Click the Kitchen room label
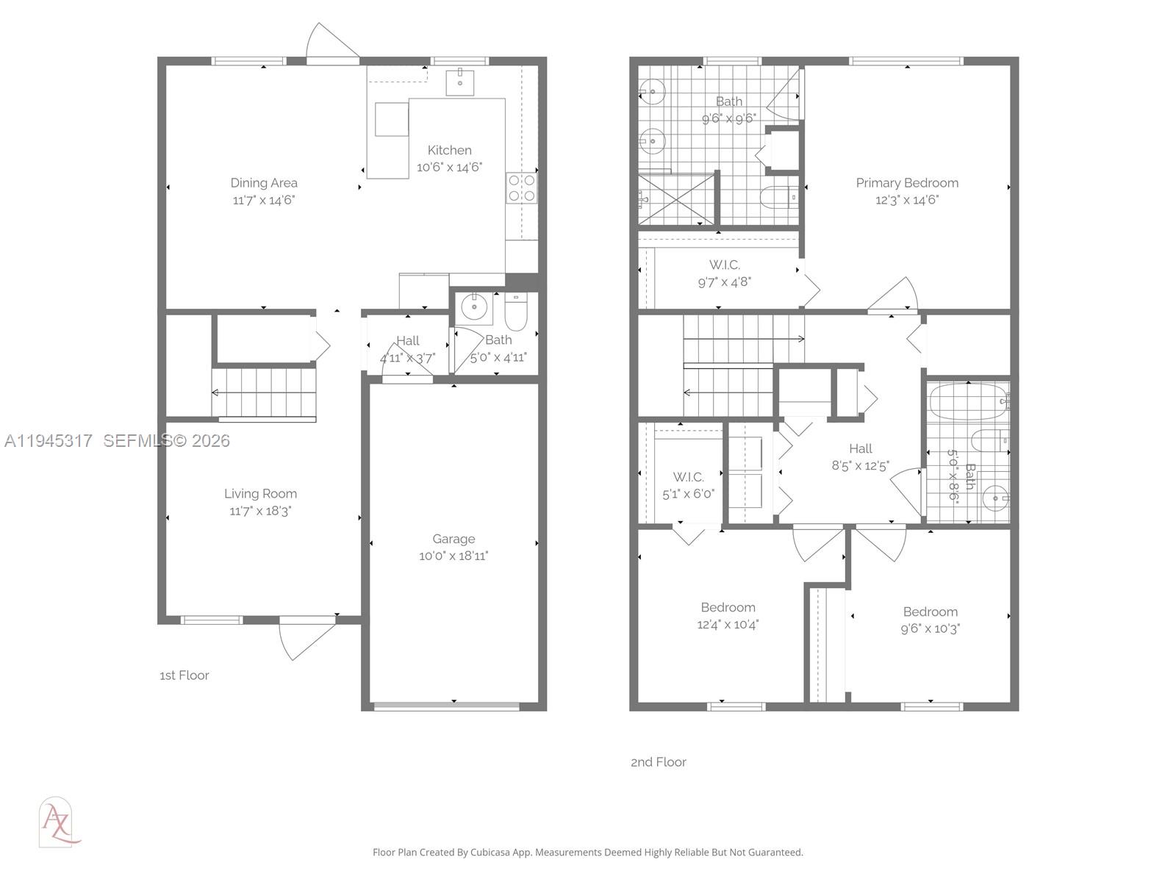[x=449, y=150]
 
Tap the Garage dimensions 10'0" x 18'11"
[x=453, y=556]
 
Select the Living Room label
[x=260, y=494]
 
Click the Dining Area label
[x=264, y=183]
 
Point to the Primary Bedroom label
[x=907, y=183]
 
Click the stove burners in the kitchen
[x=521, y=187]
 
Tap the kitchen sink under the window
[x=459, y=82]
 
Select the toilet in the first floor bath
[x=515, y=312]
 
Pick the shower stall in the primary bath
[x=675, y=199]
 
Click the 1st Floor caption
[x=184, y=675]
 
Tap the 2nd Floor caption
[x=659, y=762]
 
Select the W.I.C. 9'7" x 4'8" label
[x=724, y=265]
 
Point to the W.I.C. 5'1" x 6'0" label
[x=688, y=477]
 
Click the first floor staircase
[x=265, y=392]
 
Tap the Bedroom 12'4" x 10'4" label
[x=728, y=608]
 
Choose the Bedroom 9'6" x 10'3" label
[x=930, y=612]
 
